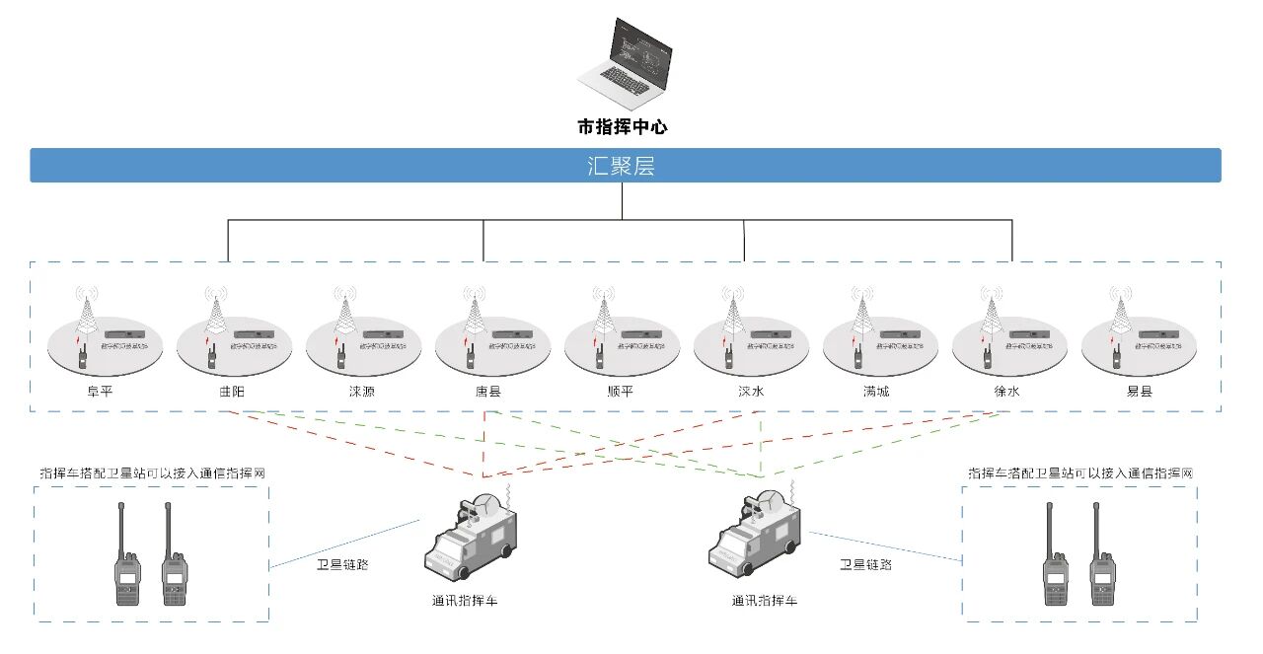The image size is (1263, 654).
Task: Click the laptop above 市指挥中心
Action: point(623,65)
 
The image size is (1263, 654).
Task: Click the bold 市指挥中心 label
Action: point(623,127)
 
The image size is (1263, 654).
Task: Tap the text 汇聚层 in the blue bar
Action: point(622,166)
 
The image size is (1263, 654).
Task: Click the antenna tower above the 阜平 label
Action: point(87,314)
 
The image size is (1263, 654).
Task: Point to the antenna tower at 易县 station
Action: point(1119,314)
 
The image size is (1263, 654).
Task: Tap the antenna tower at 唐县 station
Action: point(474,314)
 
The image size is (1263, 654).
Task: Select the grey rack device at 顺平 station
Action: point(642,335)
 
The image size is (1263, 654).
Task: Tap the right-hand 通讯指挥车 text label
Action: point(765,600)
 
